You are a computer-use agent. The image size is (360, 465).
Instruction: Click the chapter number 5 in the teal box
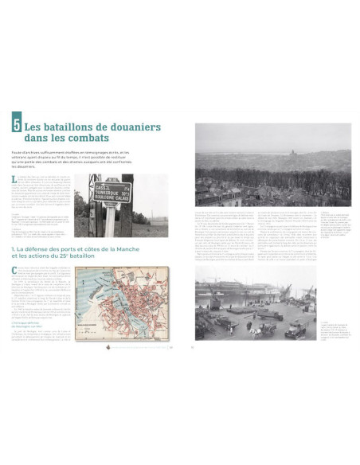[x=16, y=125]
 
